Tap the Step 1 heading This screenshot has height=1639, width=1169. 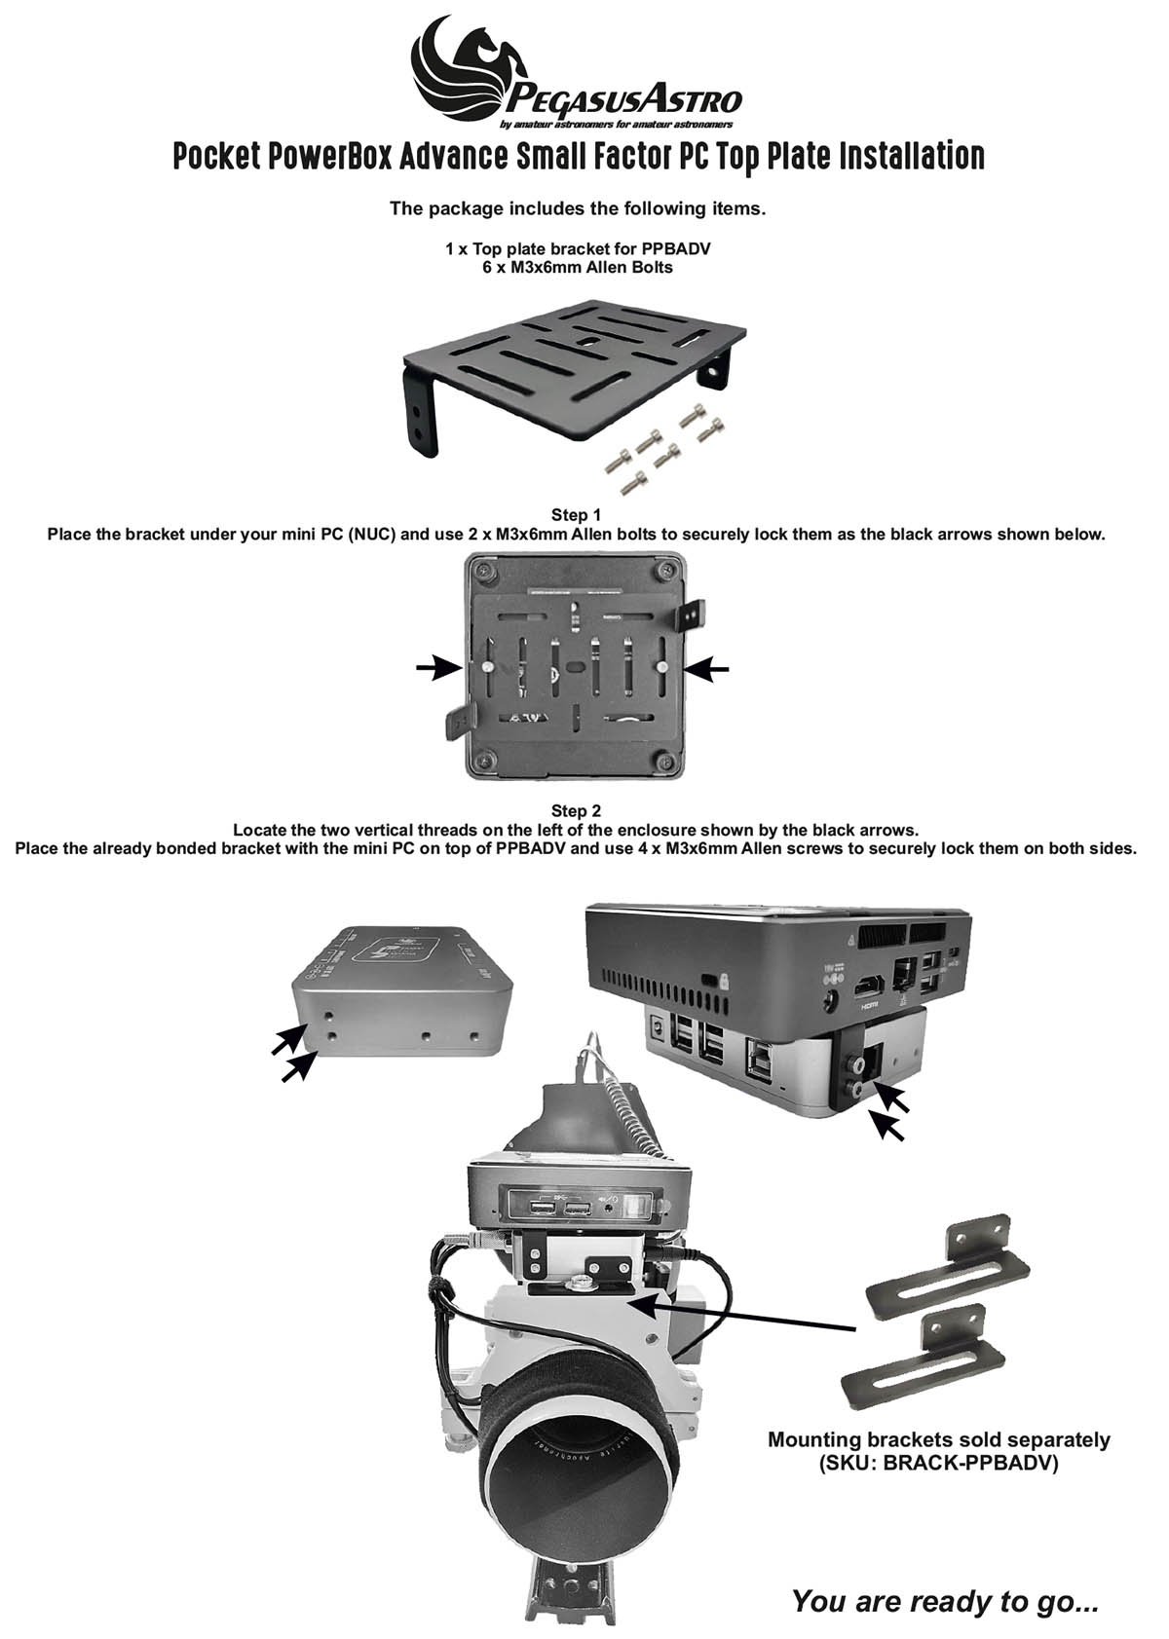(x=576, y=514)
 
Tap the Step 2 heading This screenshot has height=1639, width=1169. (x=576, y=810)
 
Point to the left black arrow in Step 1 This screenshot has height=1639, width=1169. (x=438, y=667)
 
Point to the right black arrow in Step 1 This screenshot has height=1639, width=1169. (x=707, y=667)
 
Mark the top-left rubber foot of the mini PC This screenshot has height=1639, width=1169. (x=485, y=569)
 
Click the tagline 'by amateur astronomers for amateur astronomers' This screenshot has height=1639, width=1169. (x=616, y=125)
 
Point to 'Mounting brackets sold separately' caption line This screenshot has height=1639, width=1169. (x=939, y=1440)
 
